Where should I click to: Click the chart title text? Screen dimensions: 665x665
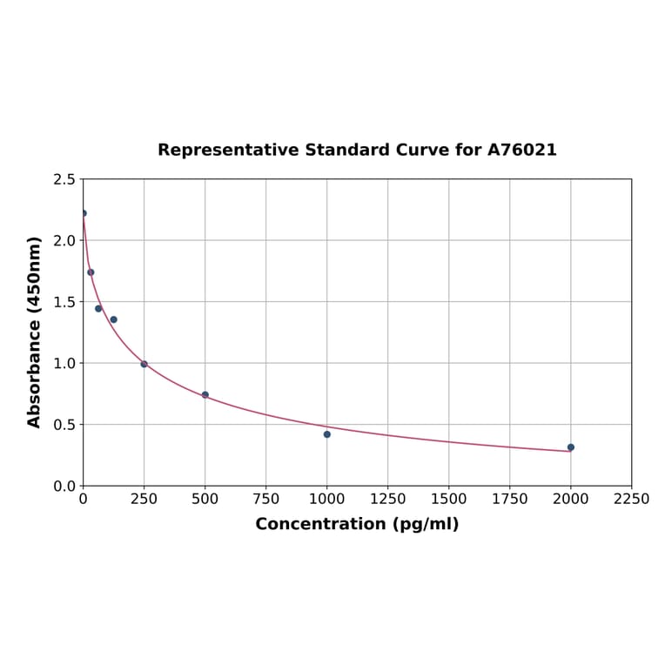[x=357, y=150]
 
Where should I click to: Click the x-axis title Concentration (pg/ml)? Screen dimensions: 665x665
[x=357, y=524]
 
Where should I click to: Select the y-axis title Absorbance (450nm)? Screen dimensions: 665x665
[x=35, y=332]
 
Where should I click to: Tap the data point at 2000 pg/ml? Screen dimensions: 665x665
[x=571, y=447]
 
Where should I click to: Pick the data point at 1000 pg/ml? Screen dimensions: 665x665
[x=327, y=434]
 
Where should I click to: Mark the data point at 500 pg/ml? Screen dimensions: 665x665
[x=205, y=395]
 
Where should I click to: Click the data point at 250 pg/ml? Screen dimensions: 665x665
[x=144, y=364]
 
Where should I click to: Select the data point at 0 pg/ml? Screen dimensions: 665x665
[x=84, y=213]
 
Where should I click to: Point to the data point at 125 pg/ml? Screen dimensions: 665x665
[x=113, y=319]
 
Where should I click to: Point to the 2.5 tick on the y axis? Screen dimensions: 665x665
[x=64, y=179]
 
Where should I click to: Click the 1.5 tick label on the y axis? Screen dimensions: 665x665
[x=64, y=302]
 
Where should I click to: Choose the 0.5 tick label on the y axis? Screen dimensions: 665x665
[x=64, y=425]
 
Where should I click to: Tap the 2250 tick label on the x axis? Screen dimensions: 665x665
[x=632, y=499]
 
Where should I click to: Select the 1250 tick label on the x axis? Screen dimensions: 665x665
[x=388, y=499]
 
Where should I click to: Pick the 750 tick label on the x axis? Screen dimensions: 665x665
[x=266, y=499]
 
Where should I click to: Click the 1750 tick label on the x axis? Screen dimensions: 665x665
[x=510, y=499]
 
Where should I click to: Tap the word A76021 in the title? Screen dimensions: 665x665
[x=521, y=150]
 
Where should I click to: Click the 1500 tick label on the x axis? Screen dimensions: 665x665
[x=449, y=499]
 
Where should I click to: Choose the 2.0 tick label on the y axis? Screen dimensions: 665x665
[x=64, y=240]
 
